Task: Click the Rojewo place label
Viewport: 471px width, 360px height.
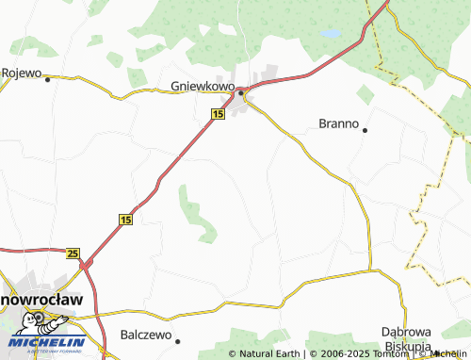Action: (x=22, y=73)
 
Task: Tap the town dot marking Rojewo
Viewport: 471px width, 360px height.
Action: (x=47, y=79)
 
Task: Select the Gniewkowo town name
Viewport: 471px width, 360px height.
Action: (x=203, y=86)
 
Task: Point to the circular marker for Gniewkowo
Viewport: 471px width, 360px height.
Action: (x=241, y=92)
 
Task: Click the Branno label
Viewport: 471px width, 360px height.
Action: (x=339, y=123)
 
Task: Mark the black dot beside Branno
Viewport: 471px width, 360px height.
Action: (x=365, y=130)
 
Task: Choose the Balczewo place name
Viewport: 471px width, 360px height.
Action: (x=145, y=335)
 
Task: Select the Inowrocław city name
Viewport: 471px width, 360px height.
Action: (x=41, y=299)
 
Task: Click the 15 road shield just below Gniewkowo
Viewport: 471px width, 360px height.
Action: (x=218, y=114)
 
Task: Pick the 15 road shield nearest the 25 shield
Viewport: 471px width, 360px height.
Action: (x=125, y=219)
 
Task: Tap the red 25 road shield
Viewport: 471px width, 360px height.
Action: (x=73, y=253)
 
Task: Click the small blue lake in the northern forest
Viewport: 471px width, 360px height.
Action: (x=331, y=33)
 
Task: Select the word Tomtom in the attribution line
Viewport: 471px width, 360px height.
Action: (x=390, y=354)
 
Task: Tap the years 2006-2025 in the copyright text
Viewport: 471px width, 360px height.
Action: (x=340, y=354)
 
